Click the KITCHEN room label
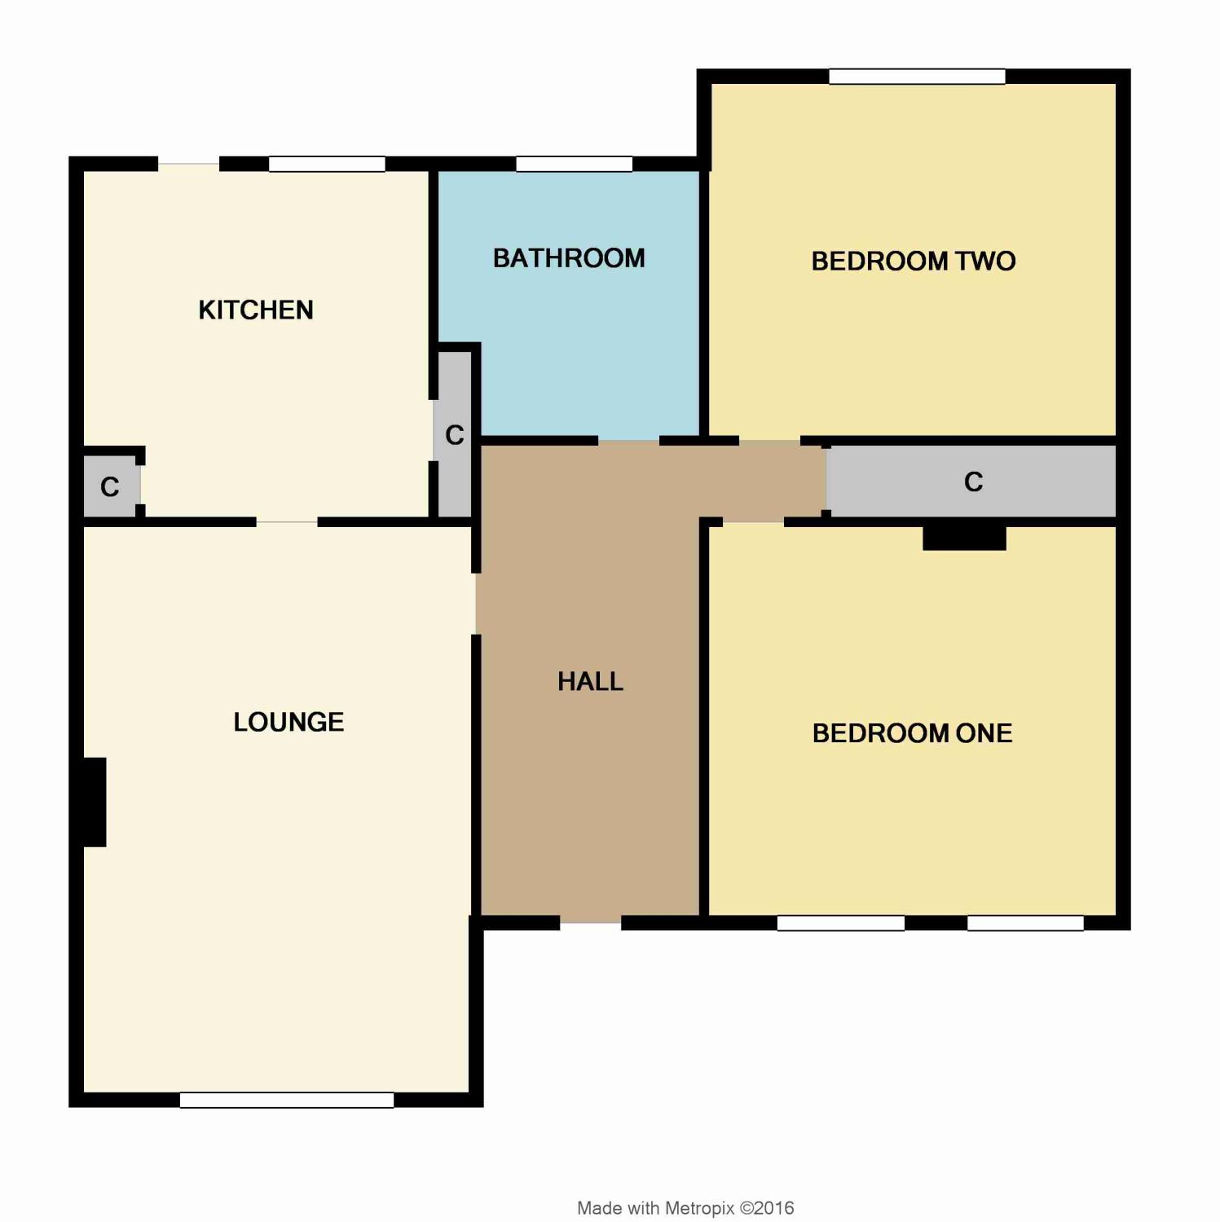(x=256, y=310)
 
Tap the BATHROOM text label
(x=569, y=258)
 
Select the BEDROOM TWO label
(x=914, y=261)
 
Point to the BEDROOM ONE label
(x=913, y=733)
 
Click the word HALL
(x=591, y=681)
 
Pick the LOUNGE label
(x=288, y=722)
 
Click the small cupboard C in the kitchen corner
(x=111, y=486)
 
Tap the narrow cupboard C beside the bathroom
(x=455, y=435)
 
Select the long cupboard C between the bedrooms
(x=971, y=481)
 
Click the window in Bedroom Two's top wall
(x=917, y=77)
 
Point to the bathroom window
(x=575, y=164)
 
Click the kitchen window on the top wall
(x=327, y=164)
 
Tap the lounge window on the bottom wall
(x=287, y=1100)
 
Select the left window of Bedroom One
(x=841, y=923)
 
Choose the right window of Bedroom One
(x=1025, y=923)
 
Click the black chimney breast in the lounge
(x=95, y=802)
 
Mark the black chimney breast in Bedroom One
(x=964, y=538)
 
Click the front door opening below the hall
(x=591, y=923)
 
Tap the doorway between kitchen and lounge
(x=287, y=521)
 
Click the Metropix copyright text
(x=685, y=1208)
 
